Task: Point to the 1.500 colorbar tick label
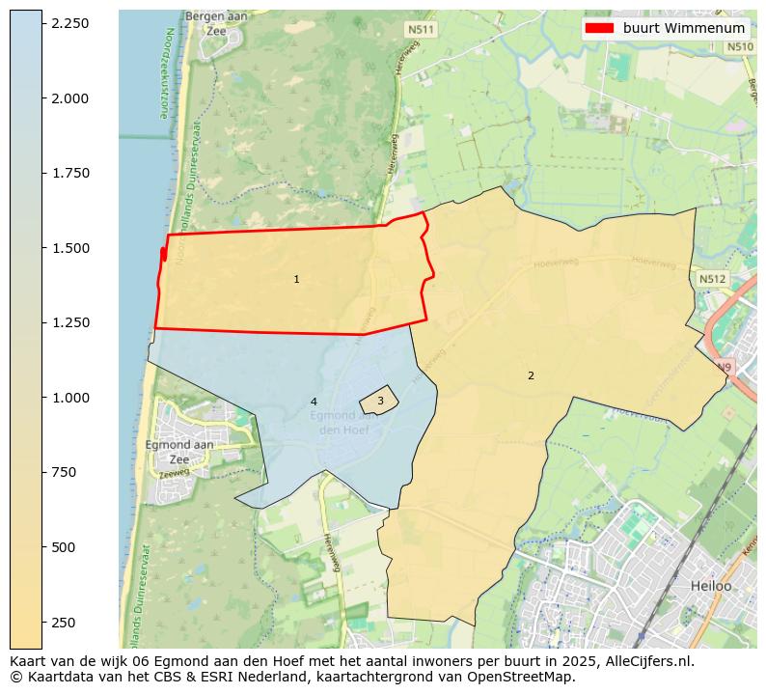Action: pyautogui.click(x=68, y=248)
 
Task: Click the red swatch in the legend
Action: pyautogui.click(x=600, y=28)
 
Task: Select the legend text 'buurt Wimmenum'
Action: pyautogui.click(x=683, y=28)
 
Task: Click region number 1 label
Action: pyautogui.click(x=296, y=279)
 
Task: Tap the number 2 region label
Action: pyautogui.click(x=531, y=375)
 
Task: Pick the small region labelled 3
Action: pyautogui.click(x=380, y=401)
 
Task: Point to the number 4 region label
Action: pyautogui.click(x=314, y=402)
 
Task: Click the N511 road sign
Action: pyautogui.click(x=421, y=30)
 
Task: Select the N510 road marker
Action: pyautogui.click(x=739, y=46)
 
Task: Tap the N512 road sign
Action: pyautogui.click(x=711, y=279)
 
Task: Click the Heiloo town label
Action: pyautogui.click(x=711, y=586)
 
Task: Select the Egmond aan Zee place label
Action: pyautogui.click(x=178, y=452)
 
